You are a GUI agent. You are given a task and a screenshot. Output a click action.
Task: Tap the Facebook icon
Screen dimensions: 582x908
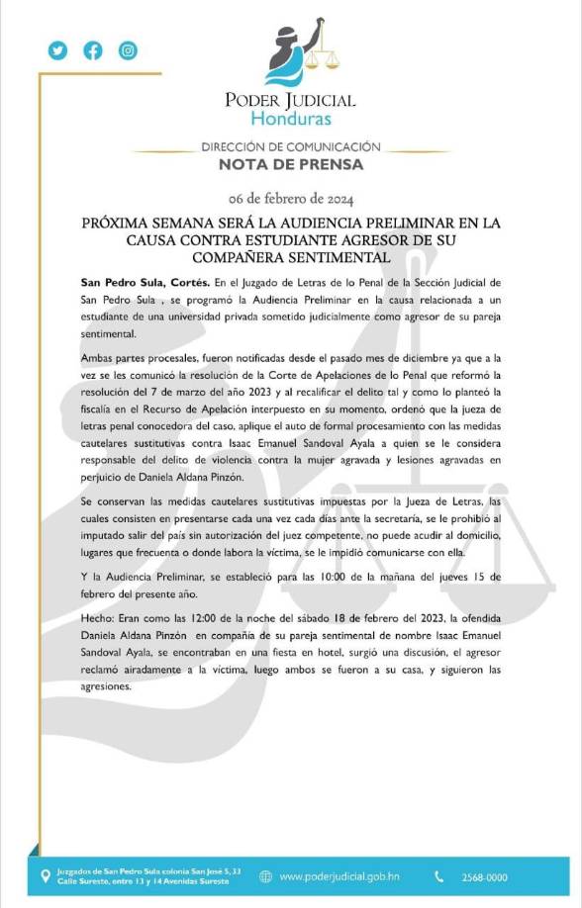tap(93, 50)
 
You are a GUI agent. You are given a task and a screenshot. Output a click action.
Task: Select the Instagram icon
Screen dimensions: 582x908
tap(128, 50)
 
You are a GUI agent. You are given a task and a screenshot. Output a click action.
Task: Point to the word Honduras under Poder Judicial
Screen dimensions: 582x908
tap(290, 120)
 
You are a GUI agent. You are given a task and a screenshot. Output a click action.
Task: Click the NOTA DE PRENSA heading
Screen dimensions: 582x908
tap(290, 164)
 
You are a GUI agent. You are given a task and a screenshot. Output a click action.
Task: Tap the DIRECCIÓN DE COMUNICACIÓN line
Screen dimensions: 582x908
tap(290, 145)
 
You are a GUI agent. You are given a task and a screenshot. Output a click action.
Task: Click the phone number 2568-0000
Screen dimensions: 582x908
tap(485, 876)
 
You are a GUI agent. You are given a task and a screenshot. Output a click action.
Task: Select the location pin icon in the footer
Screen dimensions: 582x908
tap(44, 875)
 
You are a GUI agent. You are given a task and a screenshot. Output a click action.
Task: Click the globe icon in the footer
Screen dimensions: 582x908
tap(265, 875)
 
